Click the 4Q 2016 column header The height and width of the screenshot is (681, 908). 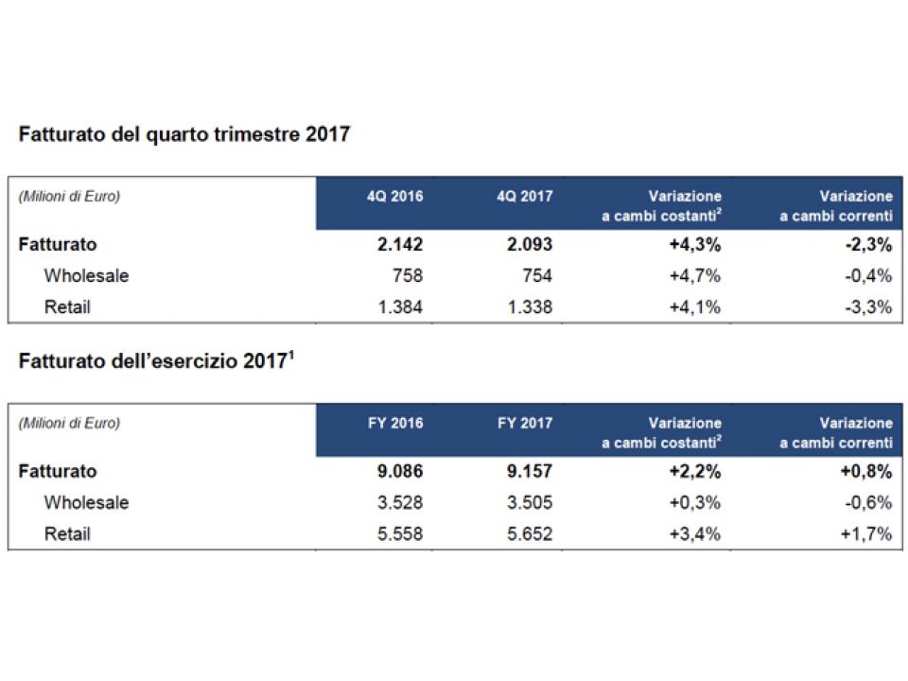coord(395,197)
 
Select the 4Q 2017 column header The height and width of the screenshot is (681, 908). coord(525,197)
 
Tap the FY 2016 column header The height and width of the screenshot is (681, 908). coord(395,424)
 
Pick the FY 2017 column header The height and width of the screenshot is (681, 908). coord(525,424)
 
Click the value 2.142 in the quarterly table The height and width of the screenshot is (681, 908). coord(400,244)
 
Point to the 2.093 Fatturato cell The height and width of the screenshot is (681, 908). coord(530,244)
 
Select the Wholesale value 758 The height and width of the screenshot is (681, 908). coord(408,275)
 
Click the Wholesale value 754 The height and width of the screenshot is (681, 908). coord(537,275)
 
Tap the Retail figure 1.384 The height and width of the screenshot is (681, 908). coord(400,306)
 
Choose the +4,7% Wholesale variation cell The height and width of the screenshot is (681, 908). coord(695,275)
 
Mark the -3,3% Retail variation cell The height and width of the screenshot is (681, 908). coord(868,306)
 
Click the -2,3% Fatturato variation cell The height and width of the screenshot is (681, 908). coord(868,244)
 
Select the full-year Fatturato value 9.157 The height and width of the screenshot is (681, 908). coord(530,471)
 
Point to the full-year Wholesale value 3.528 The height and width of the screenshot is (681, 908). coord(400,502)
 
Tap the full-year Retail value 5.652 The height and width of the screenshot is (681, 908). coord(530,533)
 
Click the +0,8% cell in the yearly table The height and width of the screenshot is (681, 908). coord(866,471)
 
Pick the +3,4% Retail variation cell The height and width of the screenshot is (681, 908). coord(695,533)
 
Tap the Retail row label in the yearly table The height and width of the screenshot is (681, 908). coord(68,533)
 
